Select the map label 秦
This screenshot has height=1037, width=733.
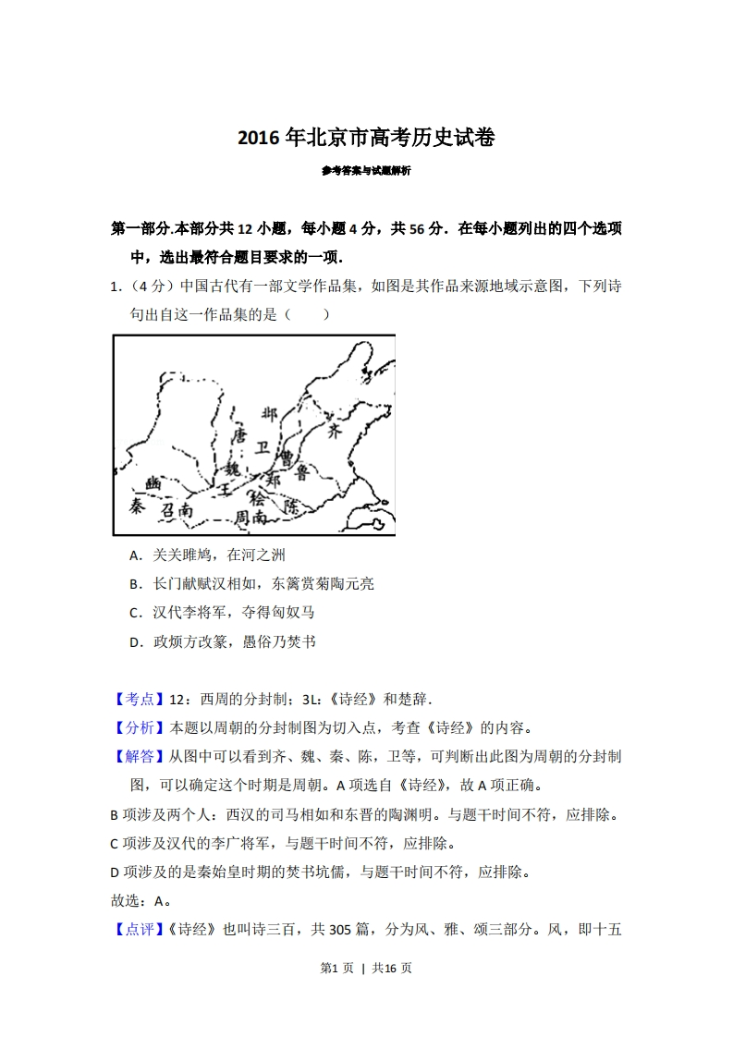137,506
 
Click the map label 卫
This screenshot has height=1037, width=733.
263,447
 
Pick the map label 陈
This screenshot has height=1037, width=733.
292,507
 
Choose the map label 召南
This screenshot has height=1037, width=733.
177,510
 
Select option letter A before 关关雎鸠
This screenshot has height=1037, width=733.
135,555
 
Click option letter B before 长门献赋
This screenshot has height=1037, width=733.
135,584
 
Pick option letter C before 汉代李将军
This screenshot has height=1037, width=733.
135,612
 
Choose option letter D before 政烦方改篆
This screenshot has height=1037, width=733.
135,640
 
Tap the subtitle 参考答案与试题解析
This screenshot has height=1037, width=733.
366,171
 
